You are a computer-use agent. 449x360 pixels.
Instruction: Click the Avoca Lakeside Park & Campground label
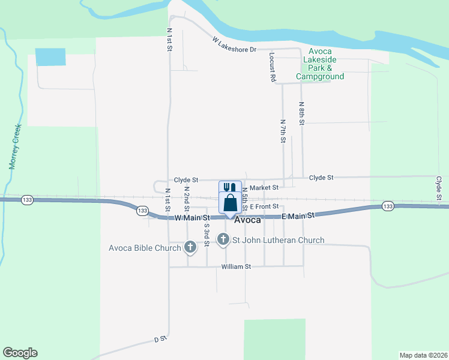[320, 64]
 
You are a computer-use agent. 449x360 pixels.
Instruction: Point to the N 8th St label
[303, 113]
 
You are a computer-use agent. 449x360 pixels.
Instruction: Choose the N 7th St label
[283, 131]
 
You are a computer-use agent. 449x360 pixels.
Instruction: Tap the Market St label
[264, 188]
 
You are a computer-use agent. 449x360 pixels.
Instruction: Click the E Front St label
[266, 206]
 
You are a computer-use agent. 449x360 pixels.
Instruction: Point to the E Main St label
[298, 216]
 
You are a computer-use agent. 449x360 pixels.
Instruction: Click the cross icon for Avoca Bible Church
[190, 246]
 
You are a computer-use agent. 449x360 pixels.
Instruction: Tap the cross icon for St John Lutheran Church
[223, 240]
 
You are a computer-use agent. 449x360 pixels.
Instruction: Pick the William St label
[235, 266]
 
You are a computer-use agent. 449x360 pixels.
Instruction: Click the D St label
[159, 340]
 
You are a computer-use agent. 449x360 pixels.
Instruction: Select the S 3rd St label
[206, 234]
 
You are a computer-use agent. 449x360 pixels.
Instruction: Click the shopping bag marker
[230, 203]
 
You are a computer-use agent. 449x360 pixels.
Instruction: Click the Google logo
[20, 353]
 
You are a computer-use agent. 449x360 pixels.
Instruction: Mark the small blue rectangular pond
[50, 56]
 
